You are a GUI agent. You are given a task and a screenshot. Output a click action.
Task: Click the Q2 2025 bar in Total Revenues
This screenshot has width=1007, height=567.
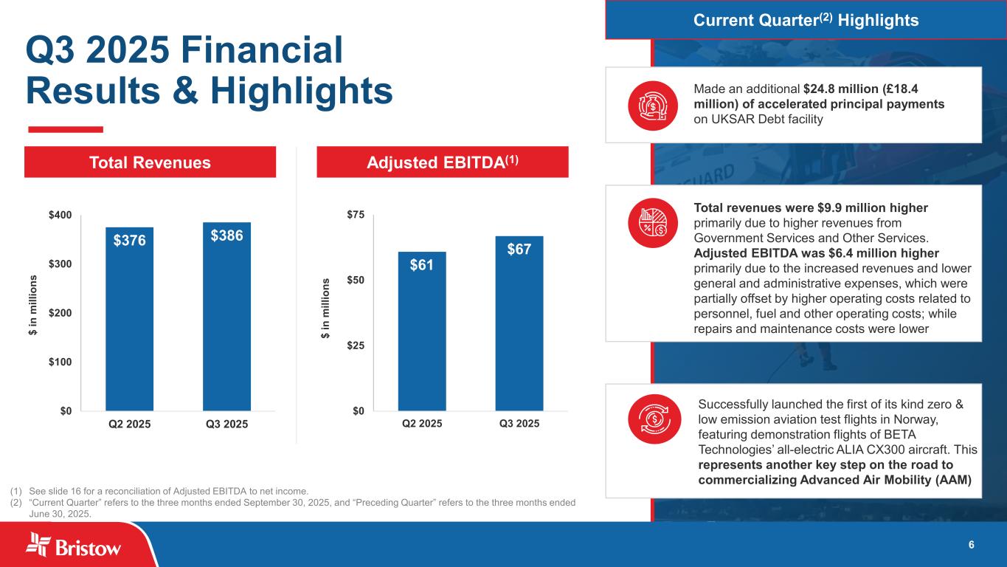coord(130,318)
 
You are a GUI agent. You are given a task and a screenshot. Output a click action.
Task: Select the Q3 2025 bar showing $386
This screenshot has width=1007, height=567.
coord(227,316)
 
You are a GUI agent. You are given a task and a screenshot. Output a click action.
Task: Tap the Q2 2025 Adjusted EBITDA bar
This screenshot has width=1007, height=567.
coord(422,331)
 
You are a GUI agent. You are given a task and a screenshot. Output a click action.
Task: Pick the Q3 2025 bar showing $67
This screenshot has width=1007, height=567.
coord(519,323)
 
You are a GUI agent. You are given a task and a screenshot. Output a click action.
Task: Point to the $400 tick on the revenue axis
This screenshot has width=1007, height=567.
coord(60,215)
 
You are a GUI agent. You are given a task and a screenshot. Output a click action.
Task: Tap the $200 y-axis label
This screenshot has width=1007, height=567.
coord(60,313)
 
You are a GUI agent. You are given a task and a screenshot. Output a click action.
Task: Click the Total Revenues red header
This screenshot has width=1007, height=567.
coord(150,162)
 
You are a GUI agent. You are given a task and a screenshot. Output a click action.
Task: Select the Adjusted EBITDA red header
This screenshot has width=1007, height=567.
coord(443,162)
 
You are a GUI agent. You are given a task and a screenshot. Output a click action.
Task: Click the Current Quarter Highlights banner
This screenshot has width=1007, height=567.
coord(806,20)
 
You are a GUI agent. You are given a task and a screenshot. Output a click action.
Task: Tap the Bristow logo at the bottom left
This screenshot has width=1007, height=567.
coord(74,547)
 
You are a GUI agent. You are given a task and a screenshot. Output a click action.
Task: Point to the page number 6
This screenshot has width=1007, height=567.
coord(971,545)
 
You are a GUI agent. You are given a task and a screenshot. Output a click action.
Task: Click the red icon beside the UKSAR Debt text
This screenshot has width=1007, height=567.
coord(652,105)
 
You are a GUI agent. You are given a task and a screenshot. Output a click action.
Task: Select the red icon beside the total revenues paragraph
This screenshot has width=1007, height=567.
coord(652,223)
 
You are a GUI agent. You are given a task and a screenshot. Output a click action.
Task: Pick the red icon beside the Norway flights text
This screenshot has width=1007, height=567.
coord(652,418)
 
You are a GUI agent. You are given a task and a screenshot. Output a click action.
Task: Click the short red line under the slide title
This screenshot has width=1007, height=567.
coord(65,129)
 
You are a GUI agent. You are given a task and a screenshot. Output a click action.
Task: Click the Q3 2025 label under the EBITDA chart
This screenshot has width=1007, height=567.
coord(519,424)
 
